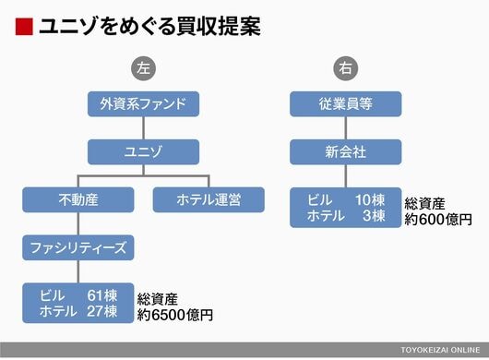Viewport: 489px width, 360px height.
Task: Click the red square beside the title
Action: click(24, 27)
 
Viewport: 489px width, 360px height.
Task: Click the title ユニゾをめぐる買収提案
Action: click(150, 27)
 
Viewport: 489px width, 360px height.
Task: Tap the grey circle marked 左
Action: click(143, 68)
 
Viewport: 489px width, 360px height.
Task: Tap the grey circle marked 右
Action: click(346, 68)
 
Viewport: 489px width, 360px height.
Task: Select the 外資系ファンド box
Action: click(143, 104)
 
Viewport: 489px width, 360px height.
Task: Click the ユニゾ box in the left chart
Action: click(143, 152)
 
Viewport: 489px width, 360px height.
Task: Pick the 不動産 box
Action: click(78, 199)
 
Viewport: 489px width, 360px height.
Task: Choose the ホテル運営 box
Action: click(209, 199)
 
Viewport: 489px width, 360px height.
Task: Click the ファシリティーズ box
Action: click(78, 247)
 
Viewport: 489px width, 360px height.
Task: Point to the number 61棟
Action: click(102, 295)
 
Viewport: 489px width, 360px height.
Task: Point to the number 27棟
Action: click(102, 311)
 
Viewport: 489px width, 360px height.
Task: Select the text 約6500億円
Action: click(175, 315)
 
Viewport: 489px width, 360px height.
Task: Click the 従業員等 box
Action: click(346, 104)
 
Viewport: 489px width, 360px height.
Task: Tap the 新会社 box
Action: click(346, 152)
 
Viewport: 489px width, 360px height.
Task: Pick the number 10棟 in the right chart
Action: click(370, 200)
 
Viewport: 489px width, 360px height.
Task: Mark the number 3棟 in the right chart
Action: click(374, 216)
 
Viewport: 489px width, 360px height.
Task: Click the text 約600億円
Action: click(438, 220)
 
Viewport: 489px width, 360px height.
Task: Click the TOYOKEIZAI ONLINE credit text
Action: click(440, 350)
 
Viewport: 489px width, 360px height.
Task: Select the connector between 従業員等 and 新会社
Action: click(346, 128)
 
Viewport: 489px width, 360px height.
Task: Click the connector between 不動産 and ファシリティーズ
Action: click(78, 223)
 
